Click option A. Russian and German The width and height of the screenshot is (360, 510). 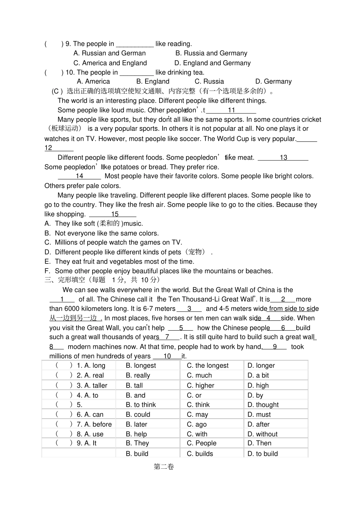tap(110, 53)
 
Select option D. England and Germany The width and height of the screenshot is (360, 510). tap(212, 63)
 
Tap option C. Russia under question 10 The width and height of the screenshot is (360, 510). tap(209, 82)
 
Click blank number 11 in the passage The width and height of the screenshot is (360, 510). tap(231, 110)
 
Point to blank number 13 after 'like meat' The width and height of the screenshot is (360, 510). tap(283, 158)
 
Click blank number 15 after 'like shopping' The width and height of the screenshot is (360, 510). tap(114, 214)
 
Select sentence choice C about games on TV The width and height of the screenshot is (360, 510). tap(118, 243)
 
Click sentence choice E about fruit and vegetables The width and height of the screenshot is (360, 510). tap(124, 262)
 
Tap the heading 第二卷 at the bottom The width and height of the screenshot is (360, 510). tap(164, 467)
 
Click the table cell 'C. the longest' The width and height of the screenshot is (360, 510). tap(208, 366)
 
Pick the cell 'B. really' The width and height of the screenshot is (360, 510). tap(138, 375)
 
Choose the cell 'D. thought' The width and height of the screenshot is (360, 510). tap(263, 405)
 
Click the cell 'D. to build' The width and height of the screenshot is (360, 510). tap(263, 454)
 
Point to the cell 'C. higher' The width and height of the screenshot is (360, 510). tap(200, 386)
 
